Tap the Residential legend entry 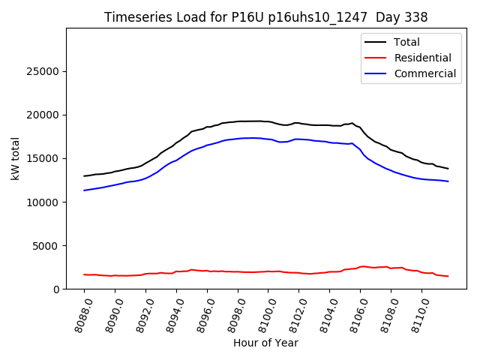point(422,58)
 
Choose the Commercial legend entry point(424,73)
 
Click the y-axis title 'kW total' point(16,158)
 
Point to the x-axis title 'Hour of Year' point(265,343)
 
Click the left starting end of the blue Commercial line point(84,190)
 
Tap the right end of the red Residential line point(448,276)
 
